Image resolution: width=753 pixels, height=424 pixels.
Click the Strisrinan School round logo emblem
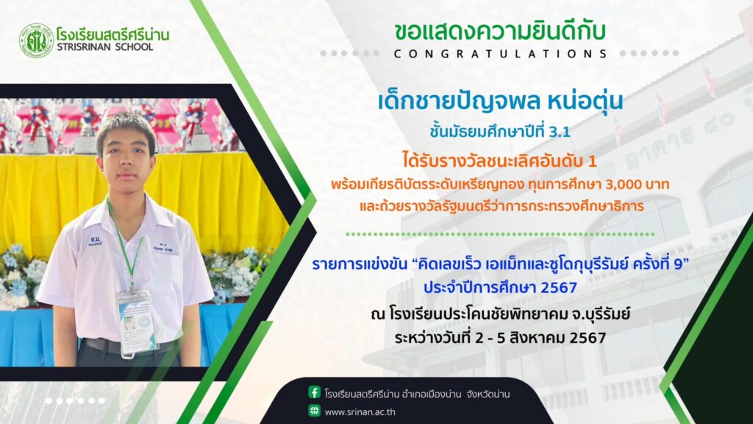(x=36, y=41)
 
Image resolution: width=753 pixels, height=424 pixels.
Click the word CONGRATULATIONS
(x=500, y=54)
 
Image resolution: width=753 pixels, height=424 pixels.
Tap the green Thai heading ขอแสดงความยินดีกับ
(x=500, y=32)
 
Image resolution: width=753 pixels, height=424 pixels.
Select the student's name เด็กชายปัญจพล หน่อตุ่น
(x=500, y=102)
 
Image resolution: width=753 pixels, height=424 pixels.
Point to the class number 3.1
(x=560, y=132)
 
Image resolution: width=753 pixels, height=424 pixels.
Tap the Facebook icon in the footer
(x=314, y=392)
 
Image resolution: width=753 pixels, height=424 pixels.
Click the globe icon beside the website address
(x=314, y=411)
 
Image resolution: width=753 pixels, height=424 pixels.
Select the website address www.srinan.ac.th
(x=360, y=412)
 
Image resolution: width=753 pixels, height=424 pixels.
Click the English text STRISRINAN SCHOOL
(x=104, y=46)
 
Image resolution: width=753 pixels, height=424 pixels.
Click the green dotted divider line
(x=500, y=234)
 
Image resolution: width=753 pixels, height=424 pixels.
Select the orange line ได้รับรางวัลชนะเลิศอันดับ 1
(x=499, y=160)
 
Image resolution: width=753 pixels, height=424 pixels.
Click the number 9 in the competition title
(x=678, y=264)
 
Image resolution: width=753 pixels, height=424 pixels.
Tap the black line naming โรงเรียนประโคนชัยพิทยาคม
(x=500, y=314)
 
